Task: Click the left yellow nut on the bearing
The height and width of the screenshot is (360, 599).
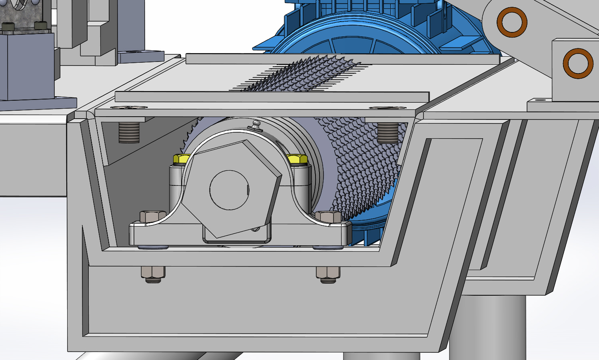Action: (181, 159)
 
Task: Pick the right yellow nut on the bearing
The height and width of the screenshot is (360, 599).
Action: (297, 159)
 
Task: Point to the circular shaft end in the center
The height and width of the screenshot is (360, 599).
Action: (229, 190)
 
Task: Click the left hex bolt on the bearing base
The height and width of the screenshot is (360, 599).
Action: (152, 216)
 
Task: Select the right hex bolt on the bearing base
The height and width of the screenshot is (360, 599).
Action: (328, 217)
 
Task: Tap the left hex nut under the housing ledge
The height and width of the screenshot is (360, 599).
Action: (153, 274)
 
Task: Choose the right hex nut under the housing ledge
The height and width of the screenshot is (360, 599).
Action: (328, 274)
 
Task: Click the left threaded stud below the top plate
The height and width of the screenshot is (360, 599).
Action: (129, 132)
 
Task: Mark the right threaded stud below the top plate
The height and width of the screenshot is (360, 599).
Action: (387, 132)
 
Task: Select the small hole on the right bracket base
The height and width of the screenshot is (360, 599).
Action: (539, 100)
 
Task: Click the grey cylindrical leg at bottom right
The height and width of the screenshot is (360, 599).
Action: (488, 328)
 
